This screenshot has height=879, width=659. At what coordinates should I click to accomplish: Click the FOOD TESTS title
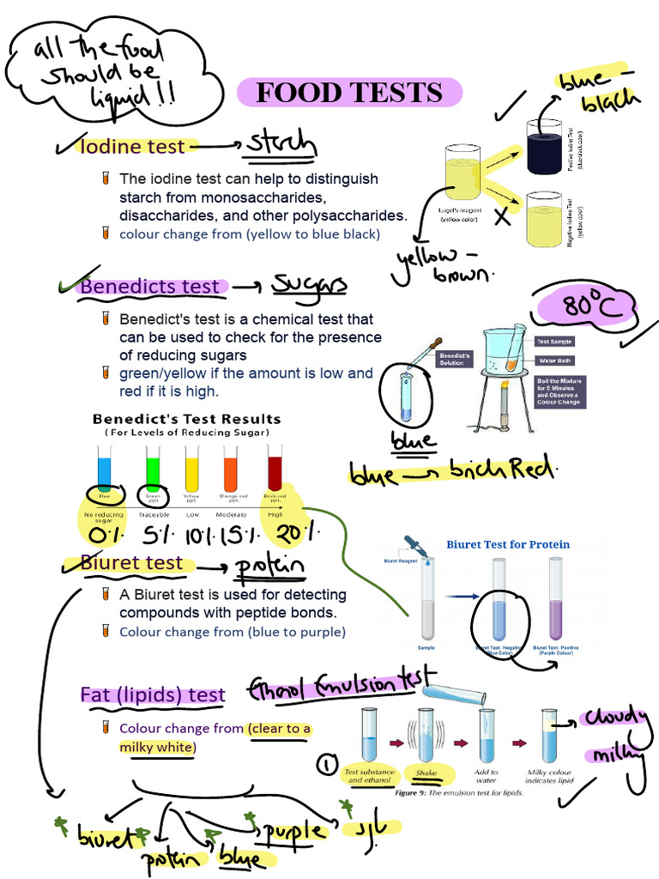(x=349, y=92)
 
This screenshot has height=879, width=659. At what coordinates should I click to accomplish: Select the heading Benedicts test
(x=151, y=287)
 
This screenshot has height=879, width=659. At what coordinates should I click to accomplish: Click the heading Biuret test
(x=132, y=563)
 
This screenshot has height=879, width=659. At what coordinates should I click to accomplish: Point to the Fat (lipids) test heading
(x=153, y=695)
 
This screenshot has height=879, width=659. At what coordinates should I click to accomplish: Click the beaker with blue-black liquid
(x=543, y=147)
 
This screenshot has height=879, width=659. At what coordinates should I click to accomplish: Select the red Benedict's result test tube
(x=275, y=470)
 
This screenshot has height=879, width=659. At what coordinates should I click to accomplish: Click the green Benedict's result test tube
(x=153, y=470)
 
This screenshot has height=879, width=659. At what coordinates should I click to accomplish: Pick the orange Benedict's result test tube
(x=230, y=470)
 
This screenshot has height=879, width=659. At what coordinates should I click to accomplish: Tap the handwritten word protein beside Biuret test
(x=269, y=567)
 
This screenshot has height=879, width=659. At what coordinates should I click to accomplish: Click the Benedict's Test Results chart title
(x=186, y=420)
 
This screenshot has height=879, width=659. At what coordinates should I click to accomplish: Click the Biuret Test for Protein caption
(x=508, y=544)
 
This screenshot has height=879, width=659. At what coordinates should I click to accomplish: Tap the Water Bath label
(x=553, y=361)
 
